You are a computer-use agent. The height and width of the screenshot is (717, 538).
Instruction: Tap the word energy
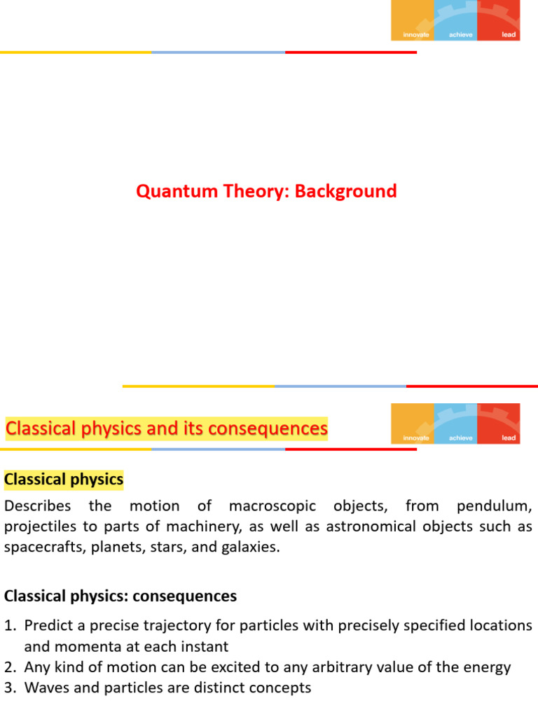click(x=488, y=667)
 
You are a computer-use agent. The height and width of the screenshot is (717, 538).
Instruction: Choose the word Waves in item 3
click(x=44, y=688)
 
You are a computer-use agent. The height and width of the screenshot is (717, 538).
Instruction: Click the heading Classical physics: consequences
click(x=120, y=596)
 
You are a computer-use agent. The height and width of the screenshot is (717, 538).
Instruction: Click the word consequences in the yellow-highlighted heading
click(x=273, y=428)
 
